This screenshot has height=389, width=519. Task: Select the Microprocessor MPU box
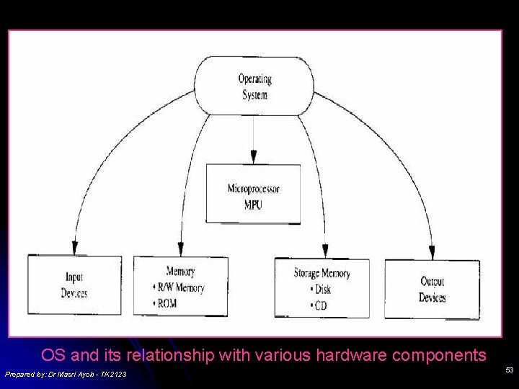[x=253, y=193]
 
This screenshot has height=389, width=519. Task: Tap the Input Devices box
[x=74, y=285]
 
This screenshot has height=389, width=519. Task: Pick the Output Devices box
[x=432, y=289]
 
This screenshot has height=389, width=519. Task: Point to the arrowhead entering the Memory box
[x=180, y=249]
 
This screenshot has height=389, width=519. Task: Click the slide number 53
[x=510, y=370]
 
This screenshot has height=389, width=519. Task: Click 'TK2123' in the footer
[x=113, y=374]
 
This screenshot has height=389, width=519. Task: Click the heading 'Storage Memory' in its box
[x=322, y=273]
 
